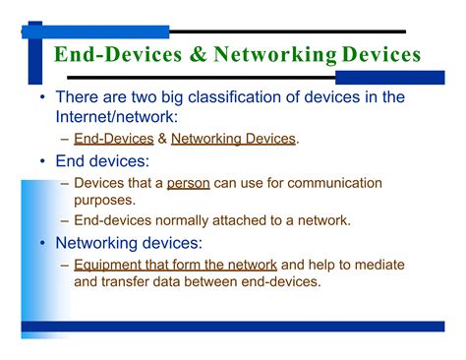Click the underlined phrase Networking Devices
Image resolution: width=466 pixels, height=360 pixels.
[233, 139]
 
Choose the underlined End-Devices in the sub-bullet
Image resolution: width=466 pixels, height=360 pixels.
[113, 139]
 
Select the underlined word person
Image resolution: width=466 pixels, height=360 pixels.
[189, 183]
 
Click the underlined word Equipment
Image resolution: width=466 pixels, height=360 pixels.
[115, 265]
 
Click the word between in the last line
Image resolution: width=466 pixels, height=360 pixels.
[230, 281]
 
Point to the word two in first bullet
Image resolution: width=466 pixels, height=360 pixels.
[144, 97]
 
